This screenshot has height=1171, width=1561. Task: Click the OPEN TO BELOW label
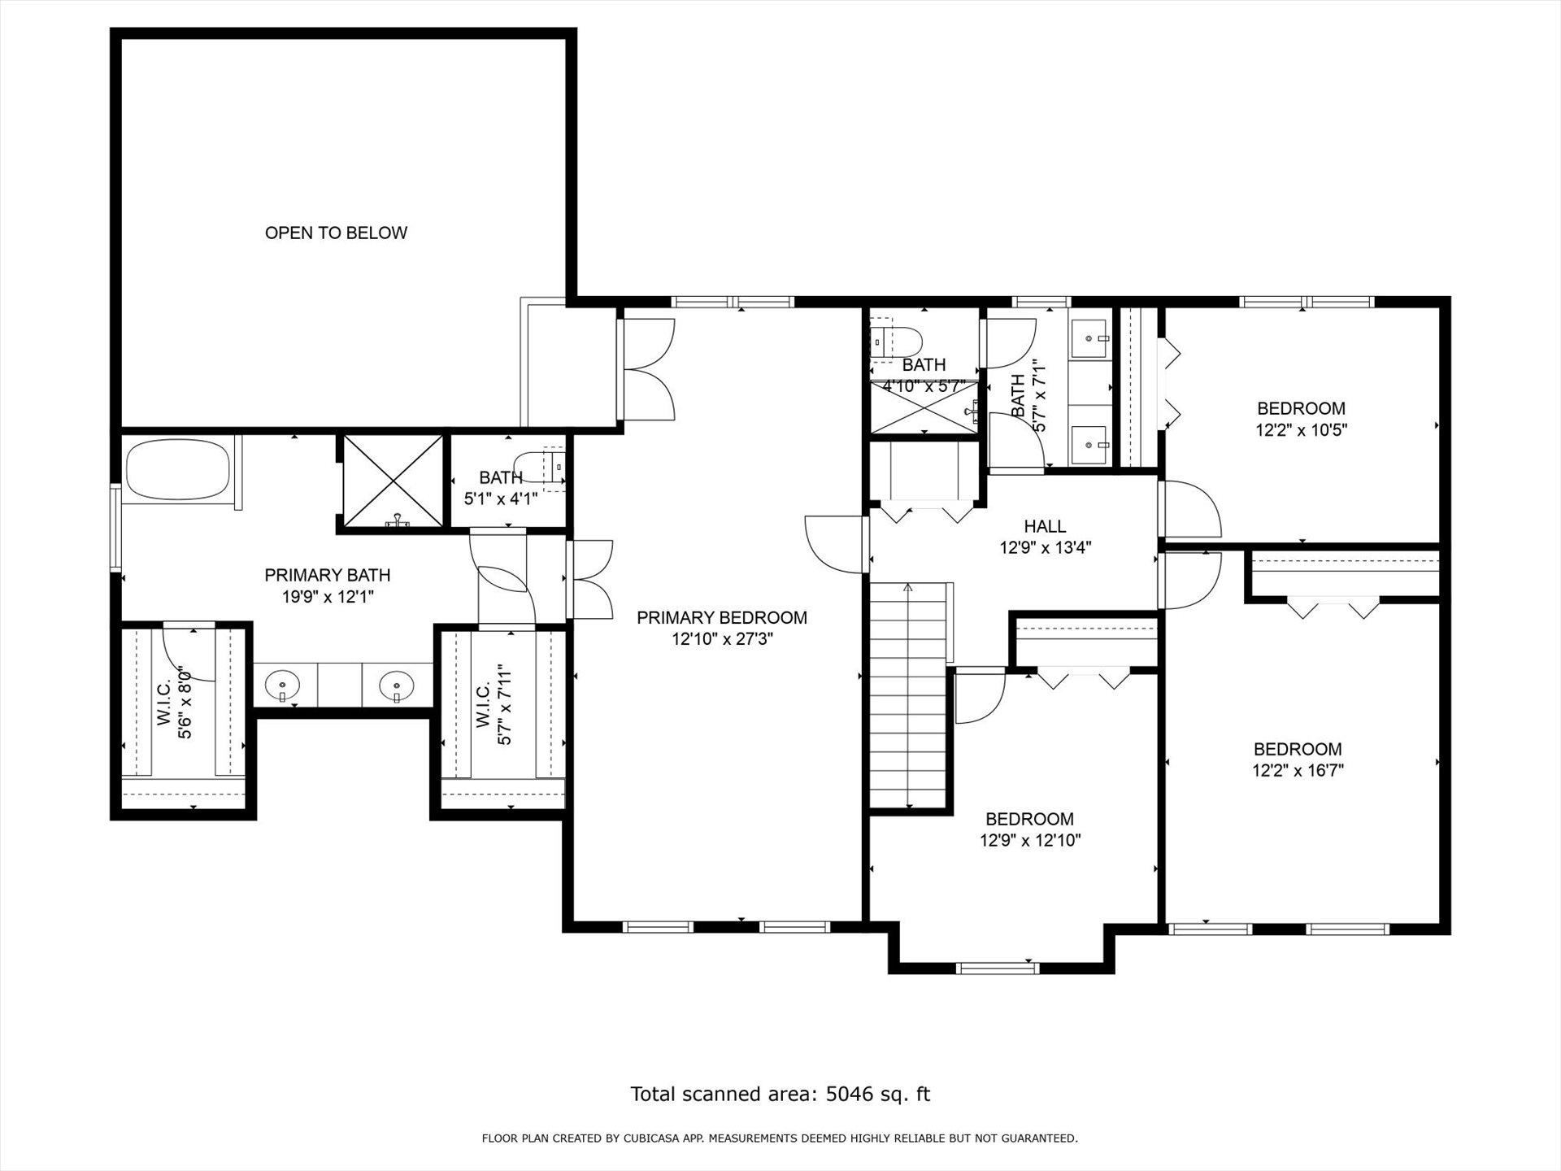[x=336, y=233]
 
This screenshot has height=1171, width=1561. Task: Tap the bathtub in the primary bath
[x=178, y=469]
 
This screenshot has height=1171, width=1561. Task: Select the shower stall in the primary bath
[x=394, y=482]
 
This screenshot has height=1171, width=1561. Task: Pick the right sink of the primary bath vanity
[x=397, y=686]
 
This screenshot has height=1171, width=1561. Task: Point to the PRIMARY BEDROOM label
[x=722, y=618]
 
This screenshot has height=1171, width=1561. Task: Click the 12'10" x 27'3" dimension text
[x=722, y=640]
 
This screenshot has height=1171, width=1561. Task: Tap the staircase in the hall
[x=908, y=695]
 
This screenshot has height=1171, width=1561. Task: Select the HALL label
[x=1045, y=527]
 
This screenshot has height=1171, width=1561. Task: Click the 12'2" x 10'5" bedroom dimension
[x=1302, y=430]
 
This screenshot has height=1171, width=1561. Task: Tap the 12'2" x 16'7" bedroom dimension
[x=1298, y=771]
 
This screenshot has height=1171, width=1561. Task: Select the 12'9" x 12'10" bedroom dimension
[x=1030, y=841]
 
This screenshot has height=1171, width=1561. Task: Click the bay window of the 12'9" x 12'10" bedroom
[x=997, y=968]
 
